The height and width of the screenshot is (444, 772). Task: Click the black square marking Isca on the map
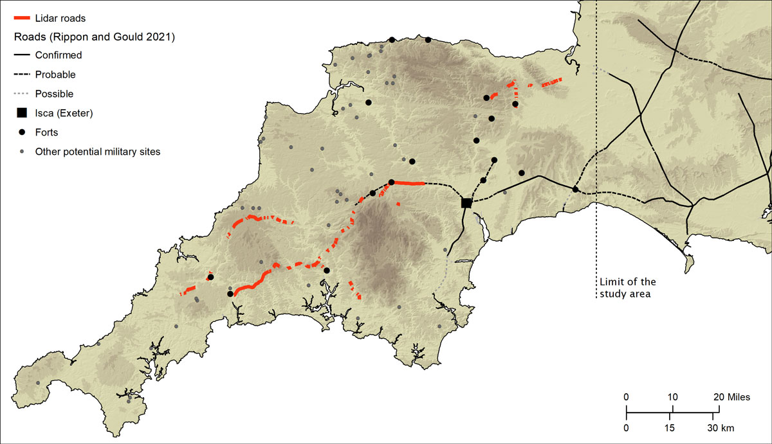466,202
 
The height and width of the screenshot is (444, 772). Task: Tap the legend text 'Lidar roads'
60,18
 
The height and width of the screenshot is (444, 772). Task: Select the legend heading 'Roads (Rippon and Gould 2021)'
95,37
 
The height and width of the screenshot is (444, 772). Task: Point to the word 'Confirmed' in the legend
59,55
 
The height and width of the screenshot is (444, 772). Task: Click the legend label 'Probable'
55,75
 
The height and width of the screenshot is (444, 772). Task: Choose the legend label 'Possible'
54,94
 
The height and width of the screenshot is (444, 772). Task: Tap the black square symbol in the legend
21,113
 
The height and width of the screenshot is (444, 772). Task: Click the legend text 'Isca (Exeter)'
64,113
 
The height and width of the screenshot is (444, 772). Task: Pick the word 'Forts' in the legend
47,132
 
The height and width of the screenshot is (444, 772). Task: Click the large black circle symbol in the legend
21,132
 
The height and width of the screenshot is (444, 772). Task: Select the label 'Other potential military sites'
98,152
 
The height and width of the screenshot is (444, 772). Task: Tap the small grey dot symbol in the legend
21,152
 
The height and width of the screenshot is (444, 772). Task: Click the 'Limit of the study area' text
627,288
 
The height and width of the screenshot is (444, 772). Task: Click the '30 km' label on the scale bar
721,428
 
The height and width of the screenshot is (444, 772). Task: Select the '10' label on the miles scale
673,397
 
